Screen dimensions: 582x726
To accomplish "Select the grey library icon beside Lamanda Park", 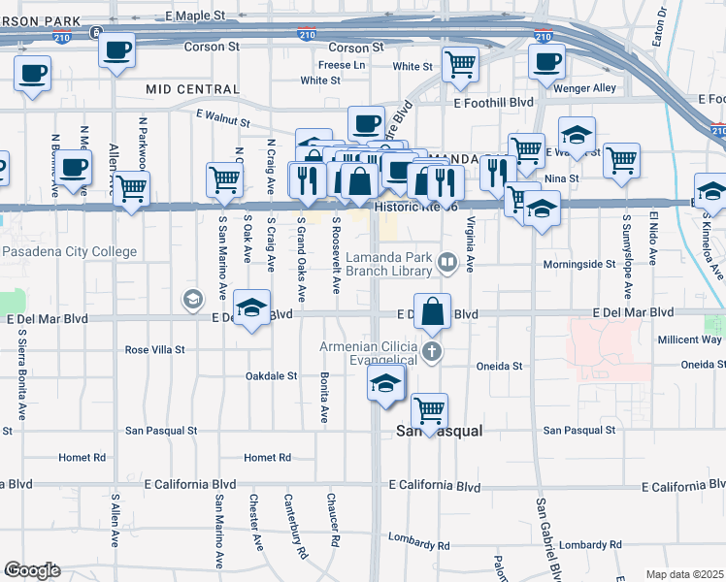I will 447,259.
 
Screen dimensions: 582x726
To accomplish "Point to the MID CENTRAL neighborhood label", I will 193,89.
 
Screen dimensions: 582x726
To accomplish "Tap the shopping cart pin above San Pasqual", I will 429,408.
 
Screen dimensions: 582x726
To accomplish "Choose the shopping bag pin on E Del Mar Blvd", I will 434,311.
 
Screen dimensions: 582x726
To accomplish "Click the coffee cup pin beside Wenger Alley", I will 546,61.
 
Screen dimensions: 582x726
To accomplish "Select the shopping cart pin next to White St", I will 460,64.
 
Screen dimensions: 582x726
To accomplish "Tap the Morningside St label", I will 577,263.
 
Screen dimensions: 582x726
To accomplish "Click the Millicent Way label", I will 688,339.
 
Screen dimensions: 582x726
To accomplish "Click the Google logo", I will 32,570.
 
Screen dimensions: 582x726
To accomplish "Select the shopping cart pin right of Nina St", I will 621,161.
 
